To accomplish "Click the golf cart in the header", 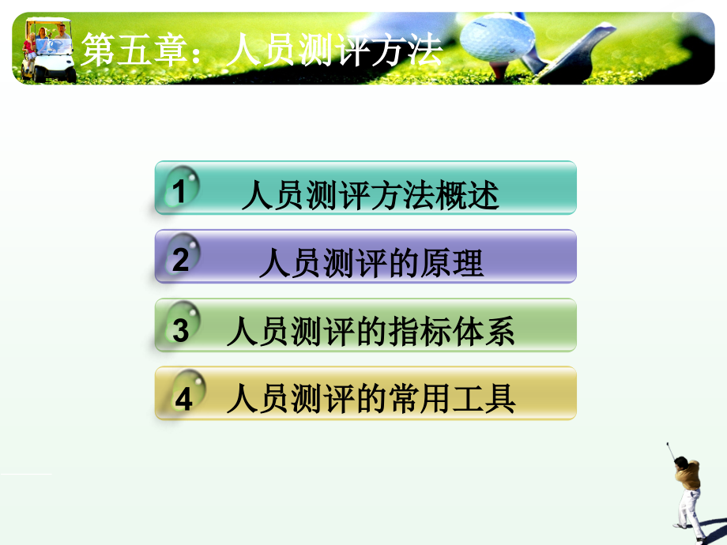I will coord(49,49).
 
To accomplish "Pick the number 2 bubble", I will coord(181,258).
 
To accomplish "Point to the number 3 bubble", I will coord(181,328).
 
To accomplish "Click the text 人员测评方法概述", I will coord(370,196).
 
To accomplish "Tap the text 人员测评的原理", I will coord(371,264).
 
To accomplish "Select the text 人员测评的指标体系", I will coord(370,333).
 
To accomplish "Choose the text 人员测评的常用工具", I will coord(370,400).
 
